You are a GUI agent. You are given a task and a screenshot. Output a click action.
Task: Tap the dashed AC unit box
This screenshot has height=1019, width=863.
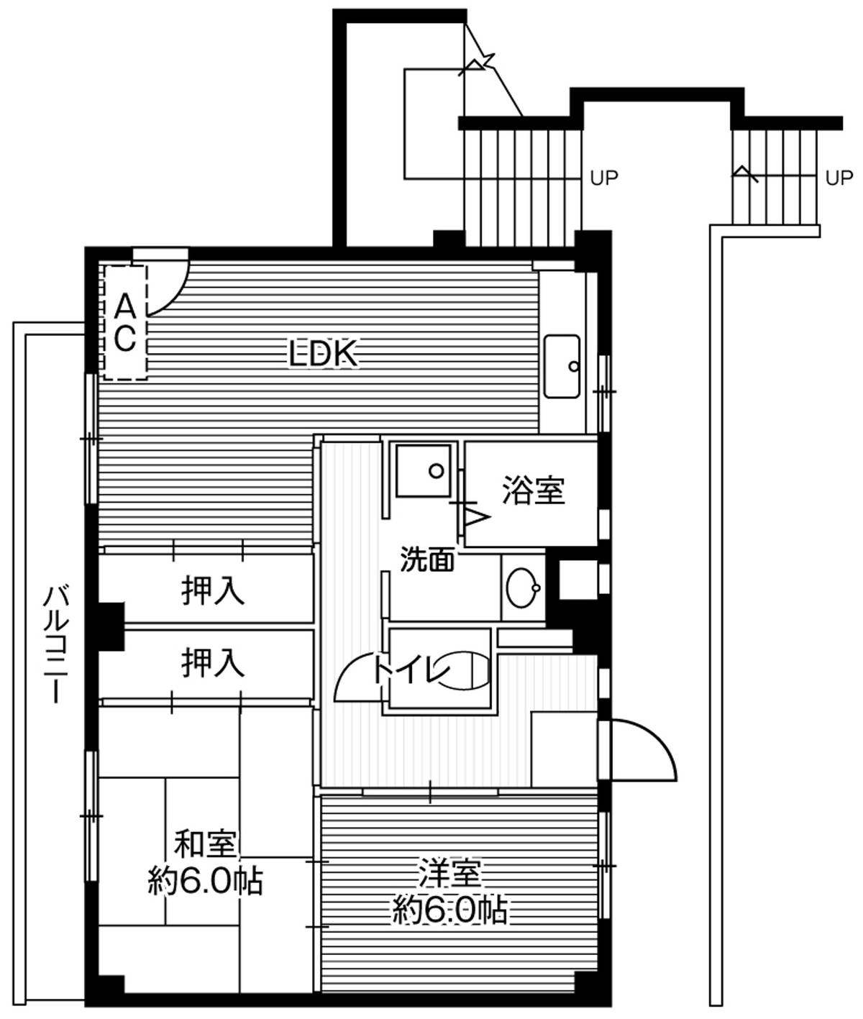click(125, 322)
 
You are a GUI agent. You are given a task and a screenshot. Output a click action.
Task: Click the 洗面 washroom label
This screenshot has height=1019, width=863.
click(427, 559)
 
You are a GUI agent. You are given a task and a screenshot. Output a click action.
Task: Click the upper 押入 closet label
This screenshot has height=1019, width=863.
click(213, 591)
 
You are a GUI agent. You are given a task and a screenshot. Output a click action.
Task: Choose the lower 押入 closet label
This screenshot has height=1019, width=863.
click(213, 663)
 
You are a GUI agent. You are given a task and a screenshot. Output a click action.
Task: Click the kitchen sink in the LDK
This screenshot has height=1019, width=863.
click(562, 366)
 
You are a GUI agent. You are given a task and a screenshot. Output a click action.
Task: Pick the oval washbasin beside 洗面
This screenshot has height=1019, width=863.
click(523, 588)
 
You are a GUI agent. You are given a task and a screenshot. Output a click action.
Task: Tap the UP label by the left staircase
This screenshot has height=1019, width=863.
click(604, 178)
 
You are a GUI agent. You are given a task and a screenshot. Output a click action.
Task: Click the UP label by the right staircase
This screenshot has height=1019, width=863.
click(839, 178)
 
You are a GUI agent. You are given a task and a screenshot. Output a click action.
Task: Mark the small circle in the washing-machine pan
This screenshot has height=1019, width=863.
click(436, 471)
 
